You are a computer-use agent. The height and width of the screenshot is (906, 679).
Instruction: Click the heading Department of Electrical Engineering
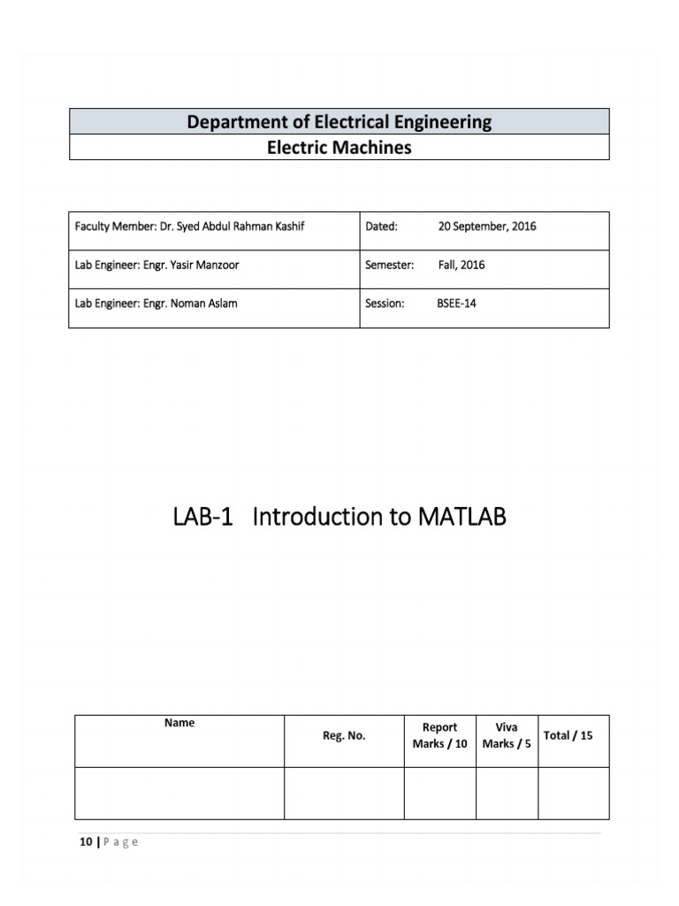339,121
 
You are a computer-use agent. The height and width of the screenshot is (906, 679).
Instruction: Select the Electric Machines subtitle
339,147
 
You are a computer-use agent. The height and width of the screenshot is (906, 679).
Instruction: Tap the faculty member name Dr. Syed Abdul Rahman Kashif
232,226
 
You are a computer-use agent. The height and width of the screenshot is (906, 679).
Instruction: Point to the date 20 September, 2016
486,226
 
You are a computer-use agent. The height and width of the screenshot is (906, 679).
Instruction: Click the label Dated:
381,226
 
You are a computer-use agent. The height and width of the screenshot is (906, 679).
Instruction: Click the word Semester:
389,265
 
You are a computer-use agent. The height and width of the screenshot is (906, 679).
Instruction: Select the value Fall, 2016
461,265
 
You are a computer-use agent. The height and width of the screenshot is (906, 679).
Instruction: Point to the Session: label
385,303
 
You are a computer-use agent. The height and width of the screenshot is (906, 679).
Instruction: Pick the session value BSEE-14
456,303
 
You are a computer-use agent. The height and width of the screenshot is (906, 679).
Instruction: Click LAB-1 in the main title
203,518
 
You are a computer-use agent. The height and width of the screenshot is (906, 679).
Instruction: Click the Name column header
179,723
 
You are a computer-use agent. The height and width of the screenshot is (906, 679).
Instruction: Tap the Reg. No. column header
344,736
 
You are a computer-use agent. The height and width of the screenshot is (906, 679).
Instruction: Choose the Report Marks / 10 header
439,736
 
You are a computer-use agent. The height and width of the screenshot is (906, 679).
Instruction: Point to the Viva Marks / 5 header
507,736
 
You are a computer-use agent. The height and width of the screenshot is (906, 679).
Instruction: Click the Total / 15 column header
568,736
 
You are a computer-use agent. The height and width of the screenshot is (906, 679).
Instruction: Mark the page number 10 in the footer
85,842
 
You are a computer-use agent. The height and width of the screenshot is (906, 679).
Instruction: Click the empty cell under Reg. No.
344,793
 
